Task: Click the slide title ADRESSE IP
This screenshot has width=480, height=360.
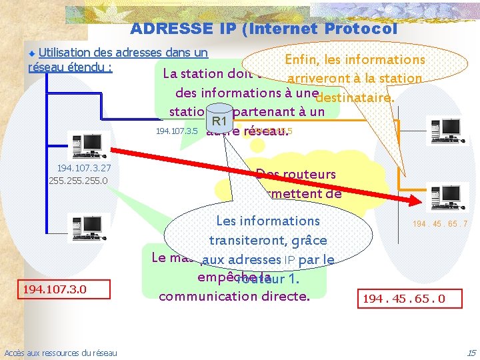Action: [263, 29]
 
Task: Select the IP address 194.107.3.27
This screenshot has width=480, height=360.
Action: [84, 169]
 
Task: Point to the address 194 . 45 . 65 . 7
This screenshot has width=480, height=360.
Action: [440, 224]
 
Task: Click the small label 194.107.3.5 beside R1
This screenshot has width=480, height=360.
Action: [176, 131]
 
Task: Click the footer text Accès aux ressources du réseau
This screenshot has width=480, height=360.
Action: [61, 353]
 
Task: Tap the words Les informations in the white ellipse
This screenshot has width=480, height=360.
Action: [268, 221]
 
